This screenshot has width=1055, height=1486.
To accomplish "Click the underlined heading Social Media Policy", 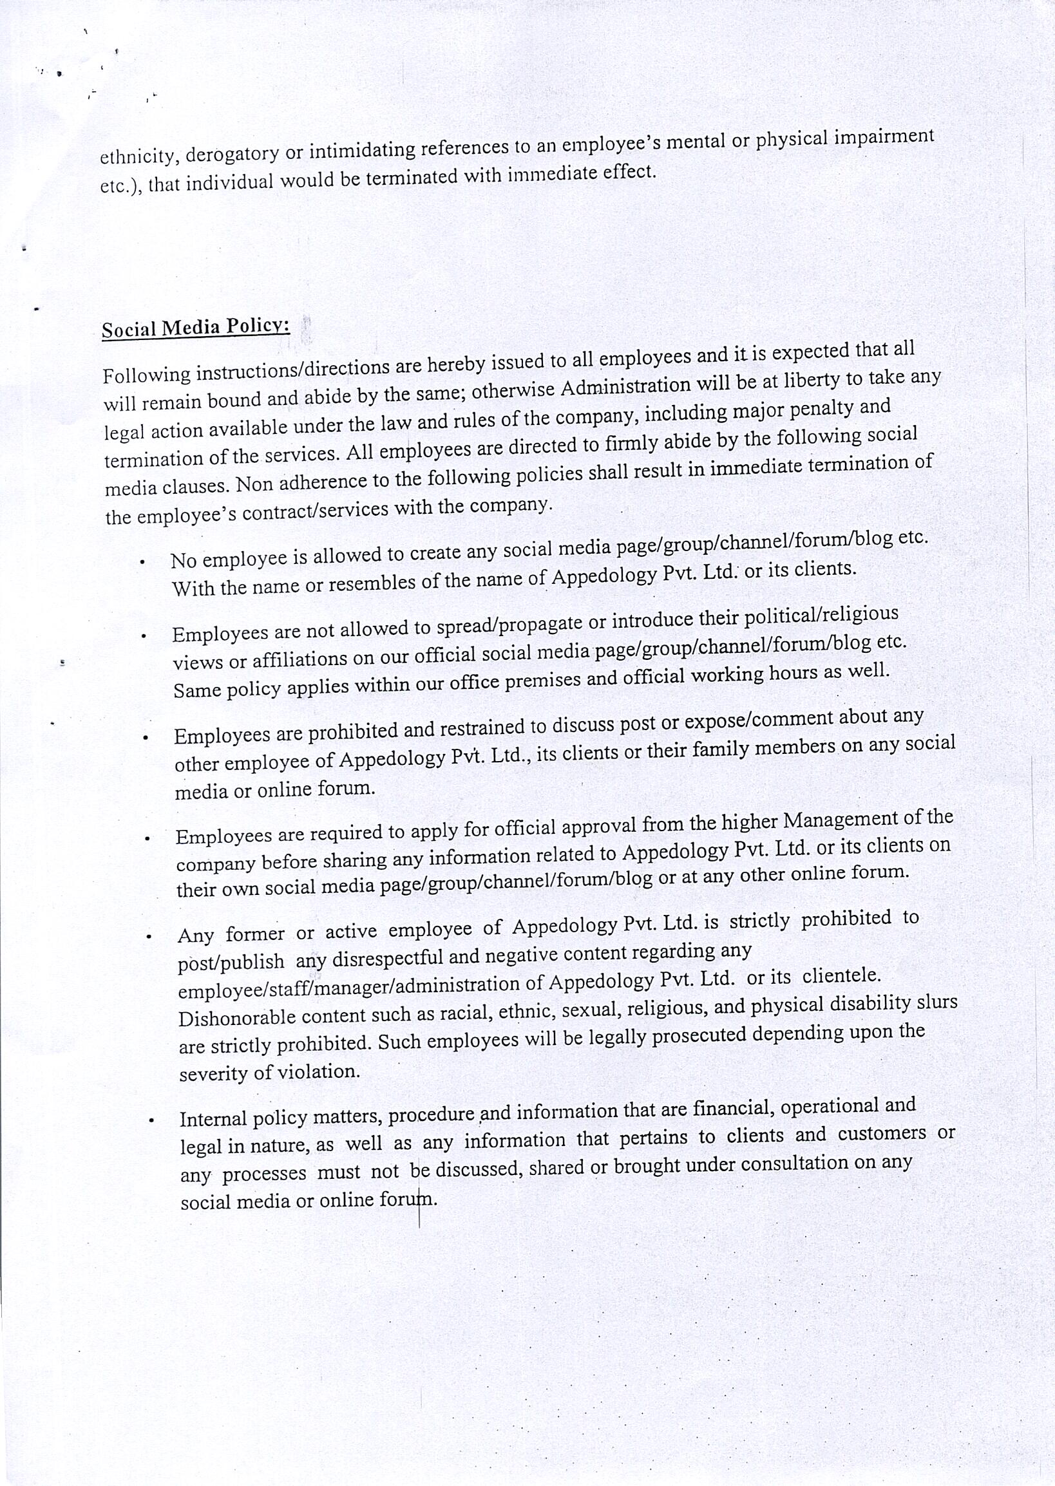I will [x=196, y=327].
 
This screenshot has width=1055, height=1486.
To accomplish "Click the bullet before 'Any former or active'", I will [x=149, y=937].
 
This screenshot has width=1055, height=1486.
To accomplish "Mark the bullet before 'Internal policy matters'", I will [x=151, y=1120].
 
